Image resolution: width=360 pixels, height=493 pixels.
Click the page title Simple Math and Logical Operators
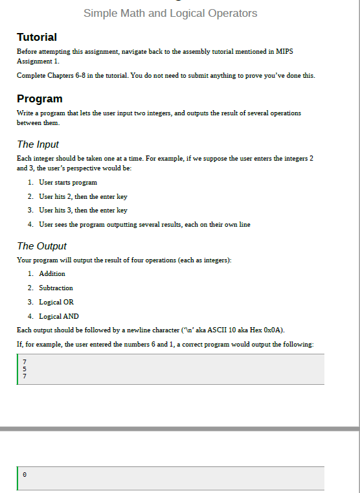point(170,13)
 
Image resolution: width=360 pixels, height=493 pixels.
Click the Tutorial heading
point(37,37)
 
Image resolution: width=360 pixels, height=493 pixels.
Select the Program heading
point(39,98)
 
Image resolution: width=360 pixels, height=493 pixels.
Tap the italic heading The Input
point(38,144)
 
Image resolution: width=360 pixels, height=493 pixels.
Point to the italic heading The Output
point(41,246)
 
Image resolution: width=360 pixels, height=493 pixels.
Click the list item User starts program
point(68,182)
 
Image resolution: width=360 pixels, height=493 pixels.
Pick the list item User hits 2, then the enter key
point(83,196)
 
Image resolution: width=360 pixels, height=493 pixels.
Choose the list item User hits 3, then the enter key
point(83,210)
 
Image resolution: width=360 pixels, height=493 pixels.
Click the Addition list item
point(52,273)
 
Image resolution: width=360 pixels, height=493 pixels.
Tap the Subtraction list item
point(56,288)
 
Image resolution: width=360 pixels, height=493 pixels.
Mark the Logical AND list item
point(58,316)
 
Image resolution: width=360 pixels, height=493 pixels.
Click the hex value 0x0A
point(271,330)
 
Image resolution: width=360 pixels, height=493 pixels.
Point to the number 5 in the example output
point(25,368)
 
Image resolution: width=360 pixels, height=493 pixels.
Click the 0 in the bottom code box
point(25,475)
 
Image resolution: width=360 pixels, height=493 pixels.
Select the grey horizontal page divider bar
point(179,428)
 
